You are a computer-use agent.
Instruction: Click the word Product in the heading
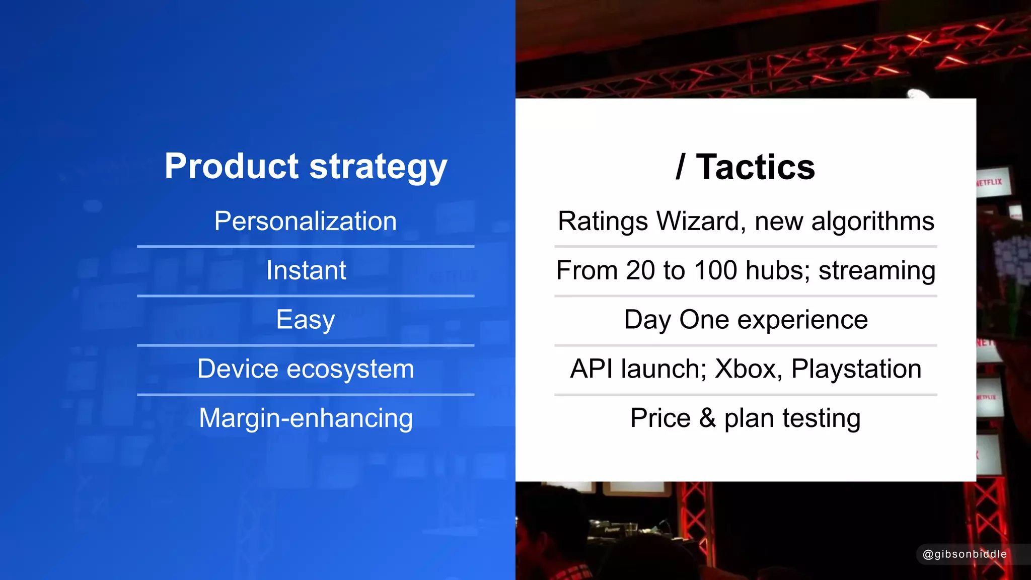[x=232, y=166]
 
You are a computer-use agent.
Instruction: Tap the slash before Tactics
[x=681, y=167]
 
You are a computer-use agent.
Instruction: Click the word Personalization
[x=306, y=221]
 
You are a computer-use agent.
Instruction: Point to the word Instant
[x=306, y=270]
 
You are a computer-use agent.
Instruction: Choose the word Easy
[x=306, y=320]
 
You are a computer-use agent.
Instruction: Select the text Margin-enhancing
[x=306, y=418]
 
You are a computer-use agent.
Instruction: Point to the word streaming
[x=877, y=271]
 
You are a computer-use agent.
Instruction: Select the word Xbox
[x=748, y=369]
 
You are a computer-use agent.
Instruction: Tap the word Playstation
[x=856, y=369]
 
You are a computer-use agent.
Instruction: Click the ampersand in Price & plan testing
[x=707, y=418]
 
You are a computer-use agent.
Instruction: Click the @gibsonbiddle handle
[x=964, y=554]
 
